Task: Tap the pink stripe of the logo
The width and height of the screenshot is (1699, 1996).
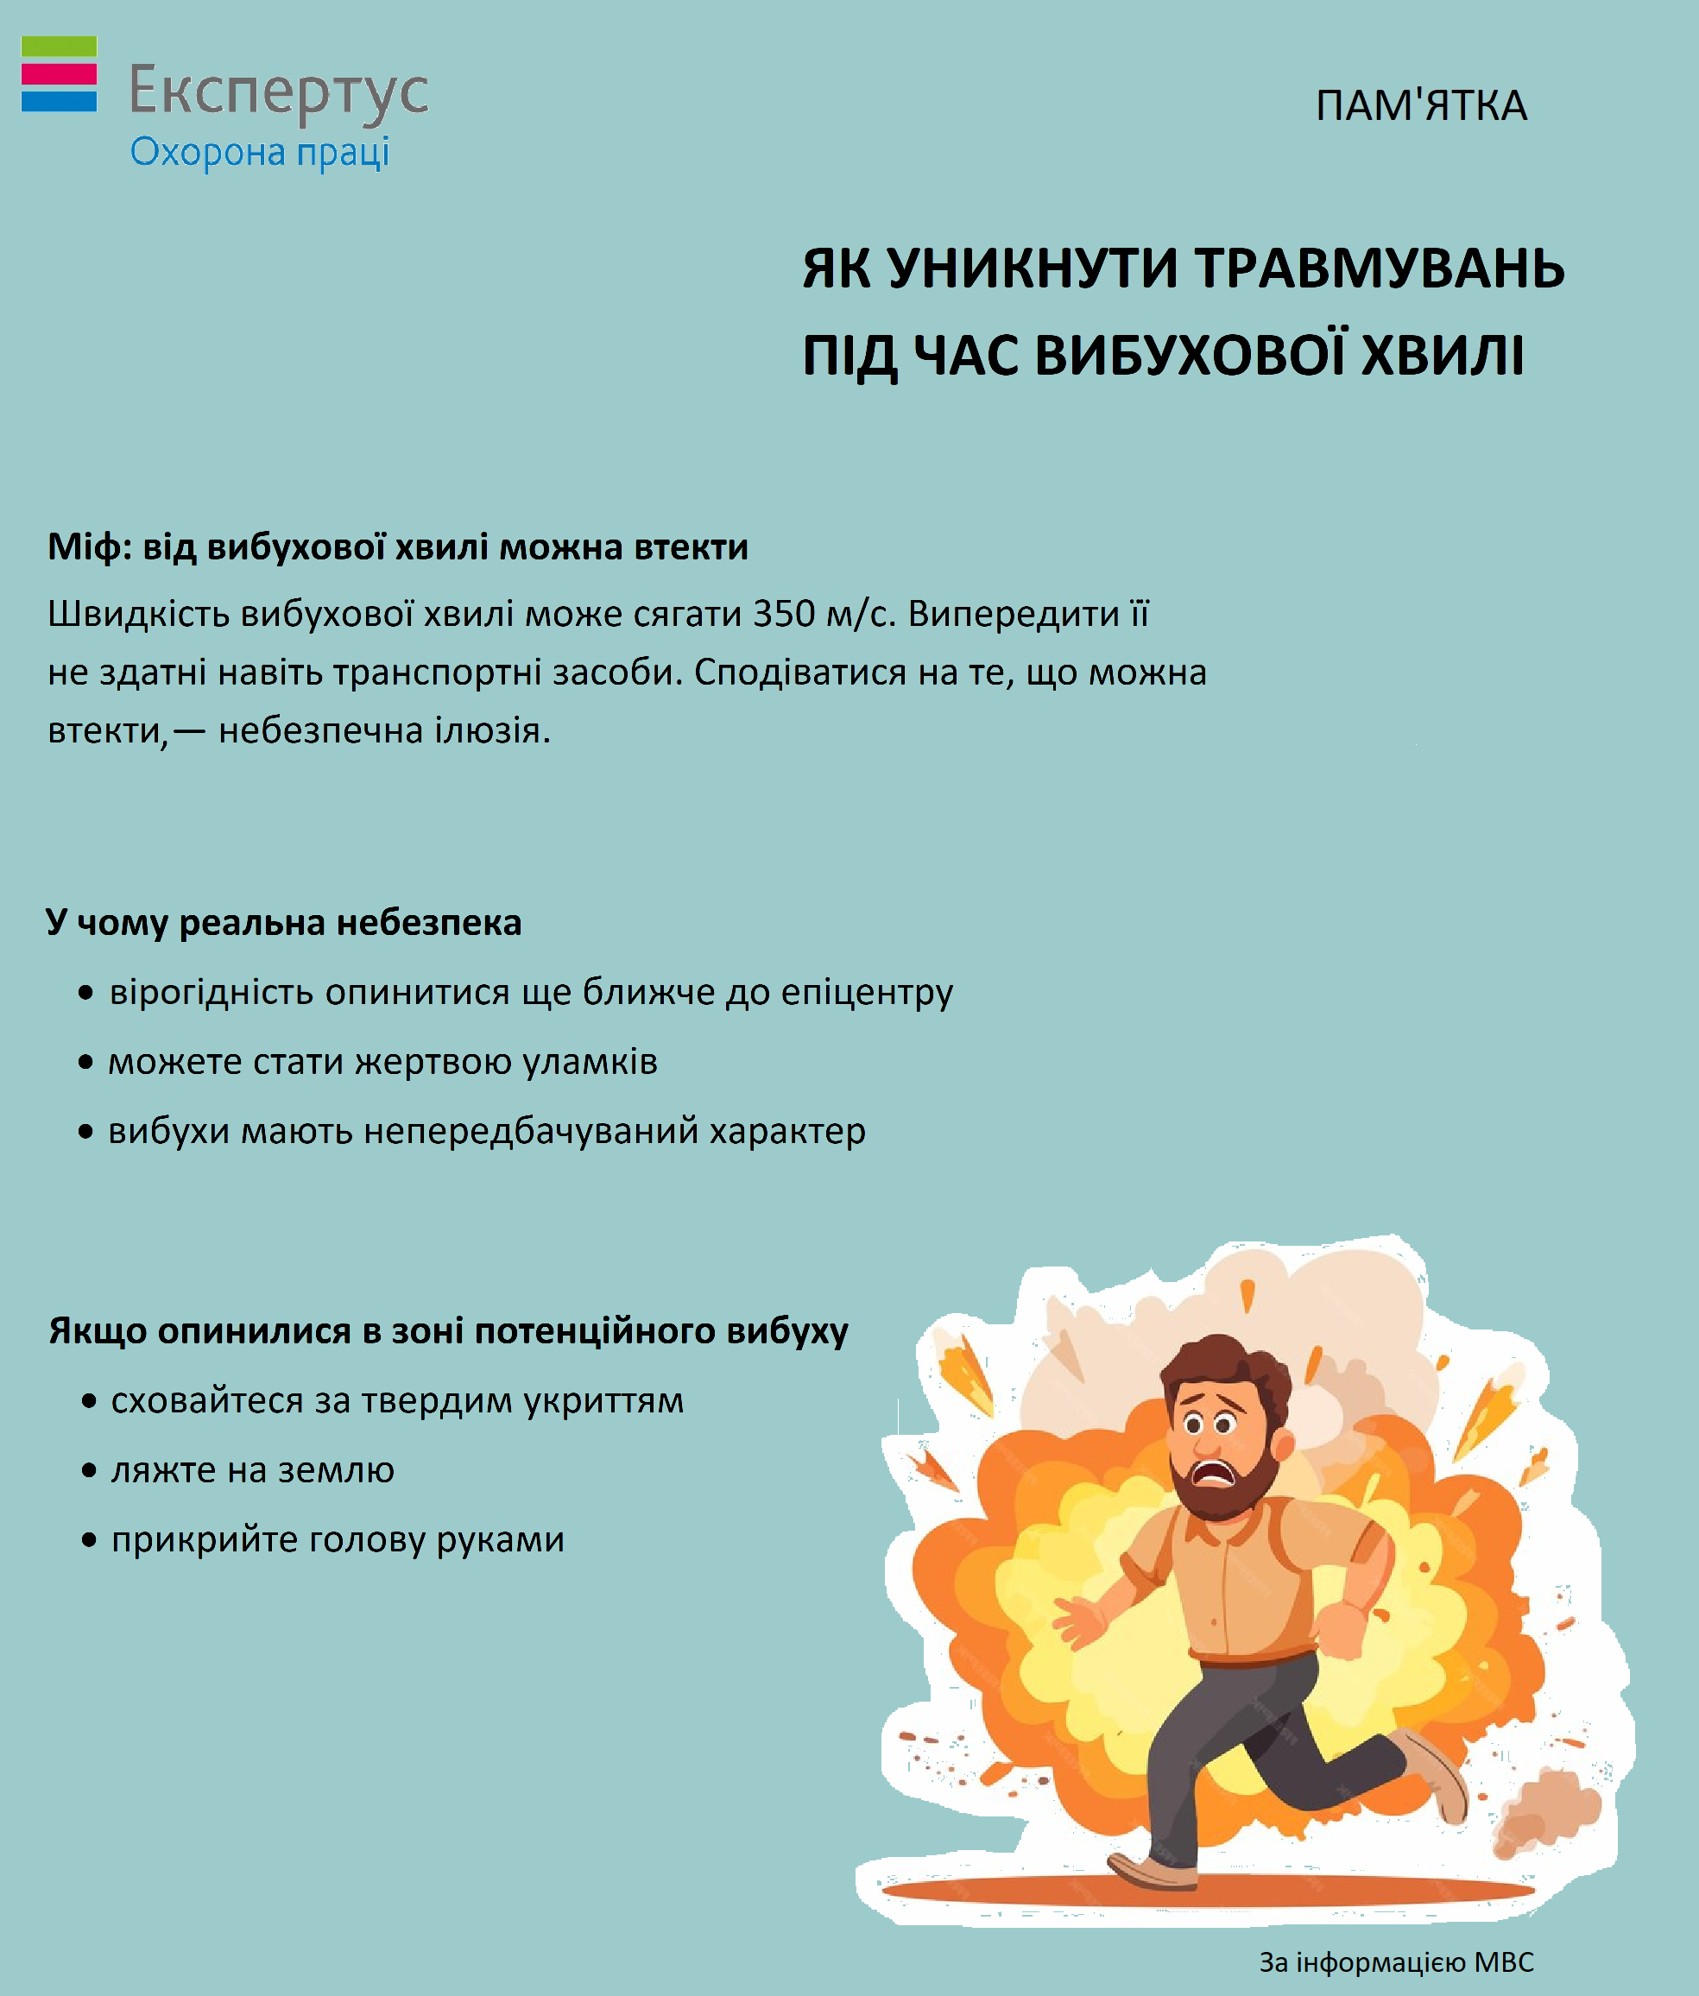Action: click(59, 74)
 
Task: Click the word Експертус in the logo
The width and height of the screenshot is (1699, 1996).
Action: click(278, 92)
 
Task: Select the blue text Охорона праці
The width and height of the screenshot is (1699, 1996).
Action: click(260, 153)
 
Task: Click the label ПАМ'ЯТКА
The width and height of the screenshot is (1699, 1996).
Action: click(1421, 106)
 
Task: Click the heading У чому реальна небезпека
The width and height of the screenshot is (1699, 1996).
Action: click(284, 922)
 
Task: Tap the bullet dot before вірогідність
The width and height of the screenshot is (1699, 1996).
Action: click(86, 992)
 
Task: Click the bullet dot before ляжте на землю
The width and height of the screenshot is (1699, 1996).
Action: click(90, 1471)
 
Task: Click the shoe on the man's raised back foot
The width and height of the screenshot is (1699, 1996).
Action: click(1435, 1773)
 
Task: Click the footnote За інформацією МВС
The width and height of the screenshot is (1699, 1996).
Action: click(1396, 1962)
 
